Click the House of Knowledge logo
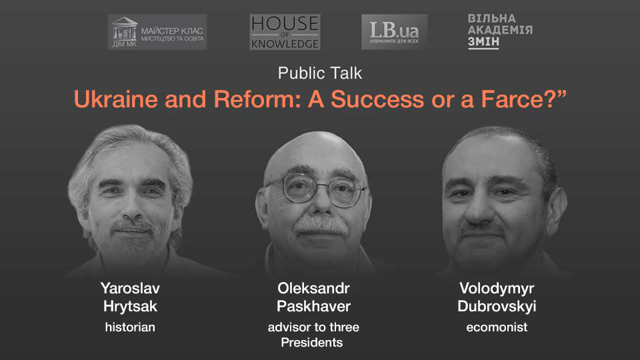pyautogui.click(x=285, y=32)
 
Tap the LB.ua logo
pyautogui.click(x=394, y=32)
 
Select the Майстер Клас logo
pyautogui.click(x=157, y=32)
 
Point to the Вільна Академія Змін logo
pyautogui.click(x=500, y=31)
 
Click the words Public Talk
pyautogui.click(x=320, y=73)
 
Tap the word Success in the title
pyautogui.click(x=377, y=99)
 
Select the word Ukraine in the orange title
pyautogui.click(x=116, y=99)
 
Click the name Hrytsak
pyautogui.click(x=130, y=307)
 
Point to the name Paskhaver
pyautogui.click(x=313, y=306)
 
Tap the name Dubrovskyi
pyautogui.click(x=497, y=307)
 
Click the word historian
pyautogui.click(x=130, y=327)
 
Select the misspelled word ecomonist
pyautogui.click(x=497, y=327)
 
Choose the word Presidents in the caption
pyautogui.click(x=312, y=343)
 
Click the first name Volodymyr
pyautogui.click(x=497, y=289)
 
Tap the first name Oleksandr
pyautogui.click(x=313, y=288)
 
